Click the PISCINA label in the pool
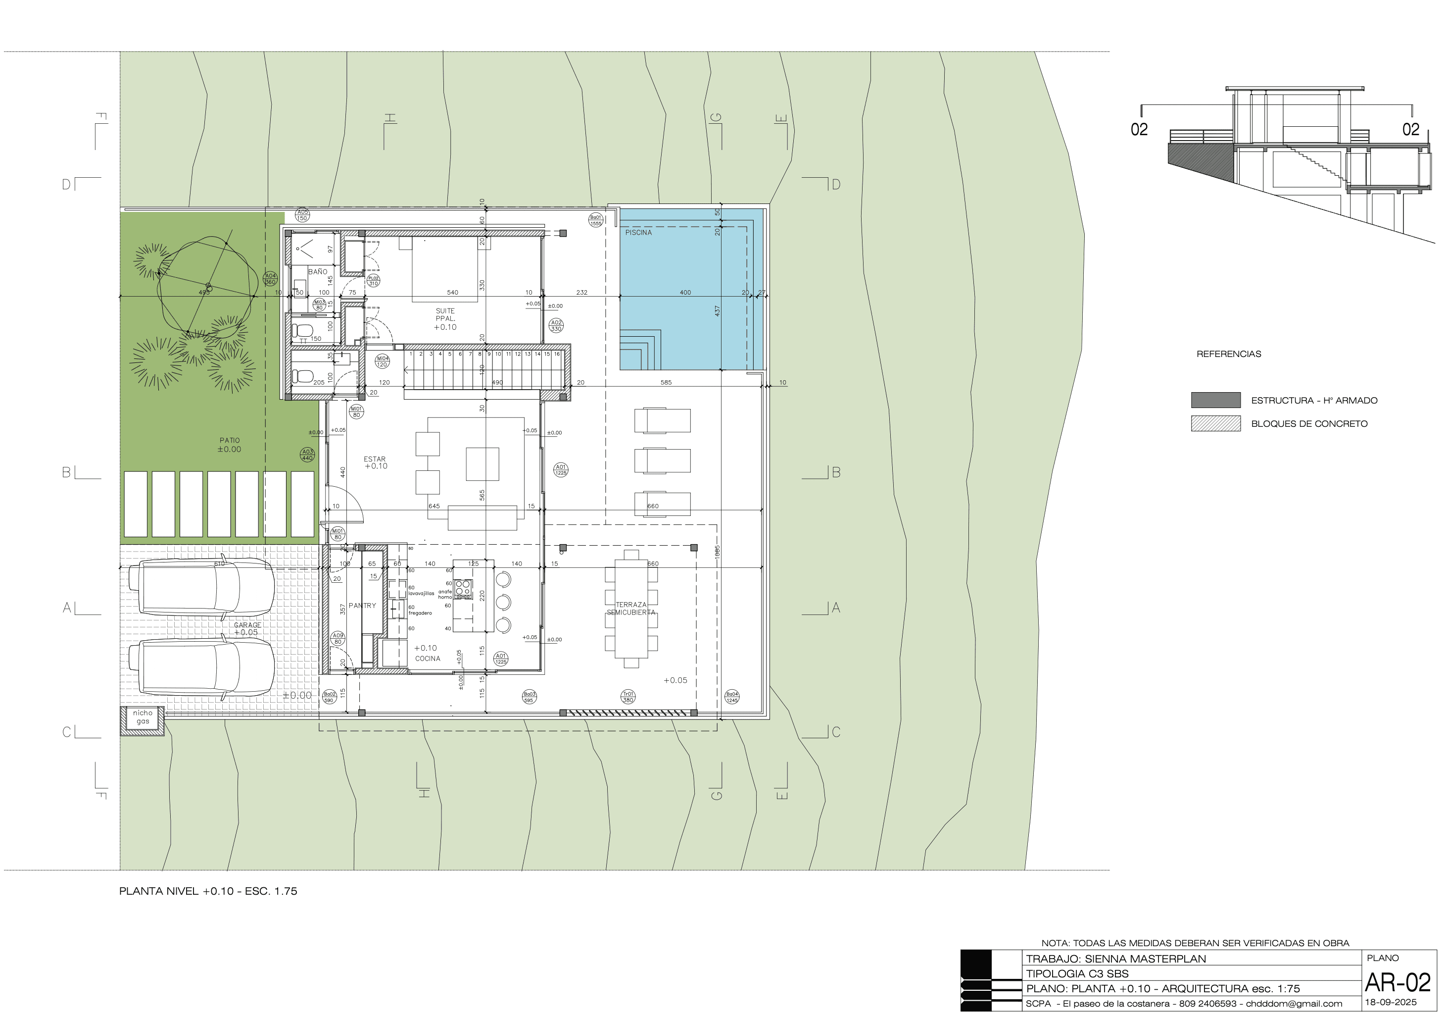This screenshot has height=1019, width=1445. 638,232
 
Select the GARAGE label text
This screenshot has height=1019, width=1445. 247,625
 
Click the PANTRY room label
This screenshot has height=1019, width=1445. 363,605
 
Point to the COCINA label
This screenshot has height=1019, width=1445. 428,658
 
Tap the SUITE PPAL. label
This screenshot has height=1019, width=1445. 445,315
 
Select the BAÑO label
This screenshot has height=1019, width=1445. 318,271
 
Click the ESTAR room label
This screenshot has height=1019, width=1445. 375,459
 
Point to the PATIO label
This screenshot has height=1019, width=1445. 230,440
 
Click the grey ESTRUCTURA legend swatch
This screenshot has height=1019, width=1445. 1215,400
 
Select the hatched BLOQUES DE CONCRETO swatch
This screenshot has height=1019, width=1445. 1215,423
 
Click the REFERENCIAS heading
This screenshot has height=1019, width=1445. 1229,354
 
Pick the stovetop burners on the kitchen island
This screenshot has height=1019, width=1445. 463,588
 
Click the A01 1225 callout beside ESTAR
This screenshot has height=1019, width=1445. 560,470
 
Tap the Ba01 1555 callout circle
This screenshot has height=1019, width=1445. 595,220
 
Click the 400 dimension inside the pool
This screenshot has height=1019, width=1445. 685,292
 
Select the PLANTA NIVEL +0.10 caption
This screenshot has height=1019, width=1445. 208,891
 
